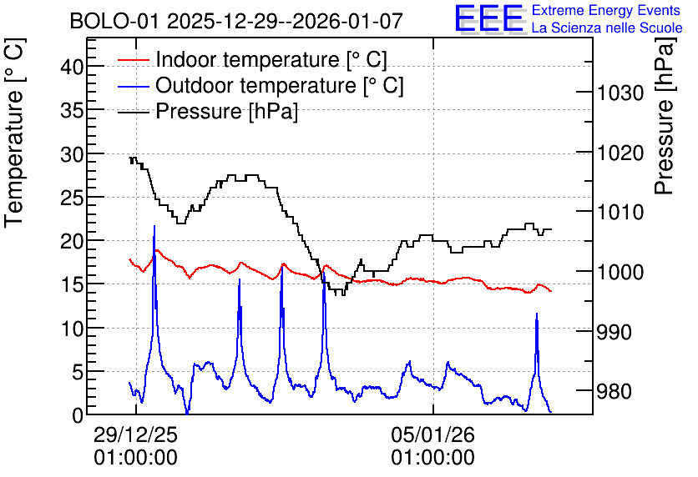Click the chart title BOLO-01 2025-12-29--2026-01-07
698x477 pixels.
[x=236, y=21]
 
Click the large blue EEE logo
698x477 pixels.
[x=489, y=18]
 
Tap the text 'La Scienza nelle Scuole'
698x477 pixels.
[x=607, y=28]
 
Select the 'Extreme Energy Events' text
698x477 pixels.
[x=606, y=10]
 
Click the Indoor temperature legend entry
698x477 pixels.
[x=253, y=59]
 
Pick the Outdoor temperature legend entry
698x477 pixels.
[x=260, y=85]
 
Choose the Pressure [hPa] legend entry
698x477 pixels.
[x=208, y=111]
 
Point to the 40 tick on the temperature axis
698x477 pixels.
[x=72, y=67]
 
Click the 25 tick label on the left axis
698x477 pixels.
[x=72, y=198]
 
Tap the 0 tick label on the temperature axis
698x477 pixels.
[x=78, y=415]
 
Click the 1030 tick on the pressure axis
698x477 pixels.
[x=620, y=93]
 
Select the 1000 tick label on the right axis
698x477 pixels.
[x=620, y=272]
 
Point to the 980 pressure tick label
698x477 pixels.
[x=615, y=391]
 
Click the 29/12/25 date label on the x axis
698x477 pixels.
[x=136, y=434]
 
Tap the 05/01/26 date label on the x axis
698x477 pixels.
[x=433, y=434]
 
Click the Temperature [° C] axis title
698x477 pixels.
[x=14, y=133]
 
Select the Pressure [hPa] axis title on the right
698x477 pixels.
[x=665, y=117]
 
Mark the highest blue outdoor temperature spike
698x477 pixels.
[x=154, y=226]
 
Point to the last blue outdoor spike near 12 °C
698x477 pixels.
[x=537, y=314]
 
